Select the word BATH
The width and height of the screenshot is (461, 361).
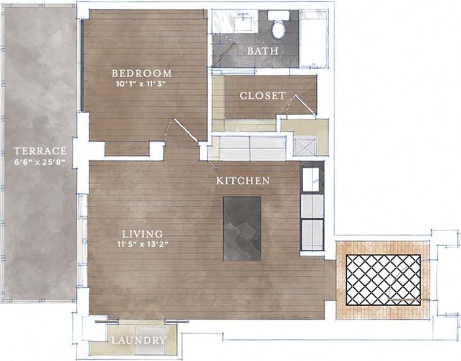tap(262, 51)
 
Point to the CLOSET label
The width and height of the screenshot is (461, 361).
tap(263, 96)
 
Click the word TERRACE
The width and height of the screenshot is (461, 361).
tap(40, 151)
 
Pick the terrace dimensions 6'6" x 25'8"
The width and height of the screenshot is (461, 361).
tap(40, 162)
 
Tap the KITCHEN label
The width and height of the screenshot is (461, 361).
tap(242, 181)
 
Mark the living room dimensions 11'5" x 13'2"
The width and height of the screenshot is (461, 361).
tap(142, 244)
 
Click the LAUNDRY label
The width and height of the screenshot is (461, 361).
tap(139, 340)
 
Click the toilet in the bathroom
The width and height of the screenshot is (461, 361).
tap(278, 25)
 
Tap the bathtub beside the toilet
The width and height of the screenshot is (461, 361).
tap(313, 39)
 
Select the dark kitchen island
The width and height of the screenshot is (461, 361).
tap(242, 228)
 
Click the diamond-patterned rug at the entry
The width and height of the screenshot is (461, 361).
tap(383, 280)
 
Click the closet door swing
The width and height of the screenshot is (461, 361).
tap(304, 106)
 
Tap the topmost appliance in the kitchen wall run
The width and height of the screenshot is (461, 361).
tap(311, 179)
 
